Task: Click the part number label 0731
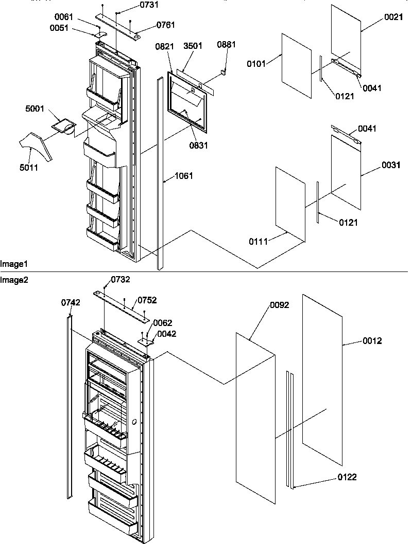coord(135,5)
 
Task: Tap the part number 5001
coord(35,110)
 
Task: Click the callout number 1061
coord(183,176)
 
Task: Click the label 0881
coord(226,45)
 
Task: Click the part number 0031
coord(391,165)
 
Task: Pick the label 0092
coord(279,305)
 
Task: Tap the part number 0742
coord(71,303)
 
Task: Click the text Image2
coord(14,280)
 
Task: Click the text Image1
coord(14,264)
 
